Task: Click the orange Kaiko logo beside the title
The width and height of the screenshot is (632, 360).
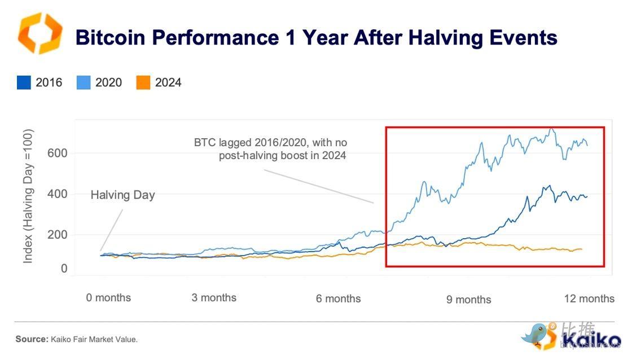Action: click(39, 34)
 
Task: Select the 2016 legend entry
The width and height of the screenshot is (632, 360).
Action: click(39, 82)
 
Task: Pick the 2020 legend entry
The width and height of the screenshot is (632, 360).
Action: click(99, 82)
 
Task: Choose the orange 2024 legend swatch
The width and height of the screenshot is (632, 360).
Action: click(143, 83)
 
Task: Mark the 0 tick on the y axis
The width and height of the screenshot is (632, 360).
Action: click(64, 269)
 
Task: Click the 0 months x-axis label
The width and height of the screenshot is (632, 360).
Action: click(108, 297)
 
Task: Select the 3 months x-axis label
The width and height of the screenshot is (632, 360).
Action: click(214, 297)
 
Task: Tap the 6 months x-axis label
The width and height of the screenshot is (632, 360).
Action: click(338, 298)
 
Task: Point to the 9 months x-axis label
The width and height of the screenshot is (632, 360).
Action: click(468, 300)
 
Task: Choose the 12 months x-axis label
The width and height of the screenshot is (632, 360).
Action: click(589, 298)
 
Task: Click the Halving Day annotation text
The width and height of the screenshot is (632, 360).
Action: click(122, 195)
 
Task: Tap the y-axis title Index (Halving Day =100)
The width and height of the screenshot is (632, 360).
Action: click(29, 196)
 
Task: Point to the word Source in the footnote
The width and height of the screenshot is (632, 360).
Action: click(31, 339)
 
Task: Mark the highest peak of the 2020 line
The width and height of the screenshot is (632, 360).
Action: click(551, 129)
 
